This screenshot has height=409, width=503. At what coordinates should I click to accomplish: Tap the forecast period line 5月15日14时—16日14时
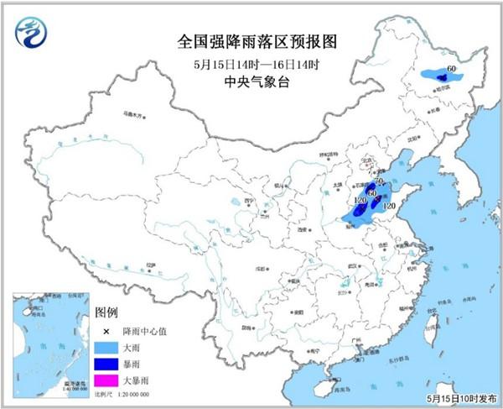251,63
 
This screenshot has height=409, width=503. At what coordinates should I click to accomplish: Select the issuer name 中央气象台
251,82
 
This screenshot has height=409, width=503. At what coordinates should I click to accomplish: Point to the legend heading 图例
106,312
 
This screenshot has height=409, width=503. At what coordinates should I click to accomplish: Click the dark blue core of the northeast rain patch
441,77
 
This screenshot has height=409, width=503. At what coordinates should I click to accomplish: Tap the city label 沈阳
412,139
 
